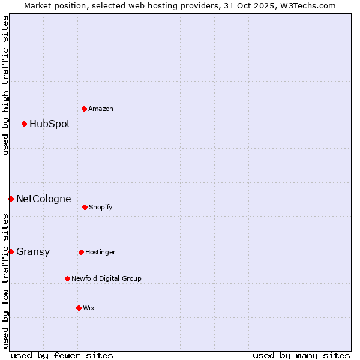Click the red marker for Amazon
[84, 109]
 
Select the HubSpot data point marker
[24, 124]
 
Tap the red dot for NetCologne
[11, 199]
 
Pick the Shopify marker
[85, 207]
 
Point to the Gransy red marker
[11, 251]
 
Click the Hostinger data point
[81, 252]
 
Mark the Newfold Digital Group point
[67, 278]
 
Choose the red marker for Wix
[79, 308]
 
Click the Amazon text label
[101, 109]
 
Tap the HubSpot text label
[50, 124]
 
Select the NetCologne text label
[44, 199]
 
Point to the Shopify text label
[101, 207]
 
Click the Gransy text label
[33, 252]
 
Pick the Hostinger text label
[100, 252]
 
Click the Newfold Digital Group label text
[106, 278]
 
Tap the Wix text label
[89, 308]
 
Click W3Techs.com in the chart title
[310, 5]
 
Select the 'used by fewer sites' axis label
[62, 355]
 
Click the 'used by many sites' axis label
[301, 355]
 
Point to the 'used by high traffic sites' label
[5, 85]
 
